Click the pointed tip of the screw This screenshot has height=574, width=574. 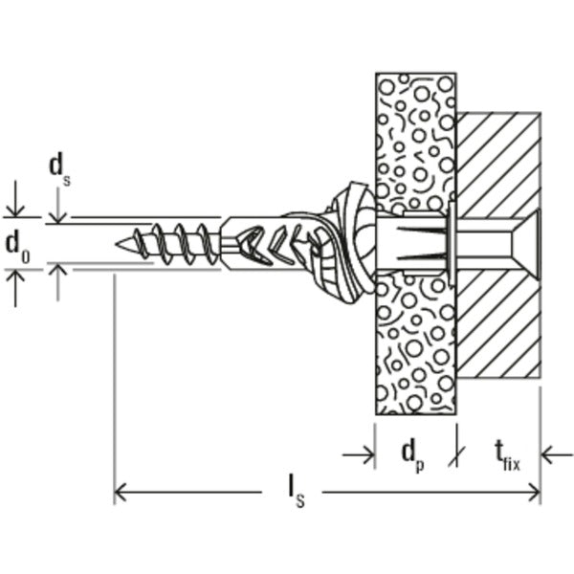[x=119, y=243]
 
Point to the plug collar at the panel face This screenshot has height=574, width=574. [x=449, y=242]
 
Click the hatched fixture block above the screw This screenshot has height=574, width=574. [x=498, y=158]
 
